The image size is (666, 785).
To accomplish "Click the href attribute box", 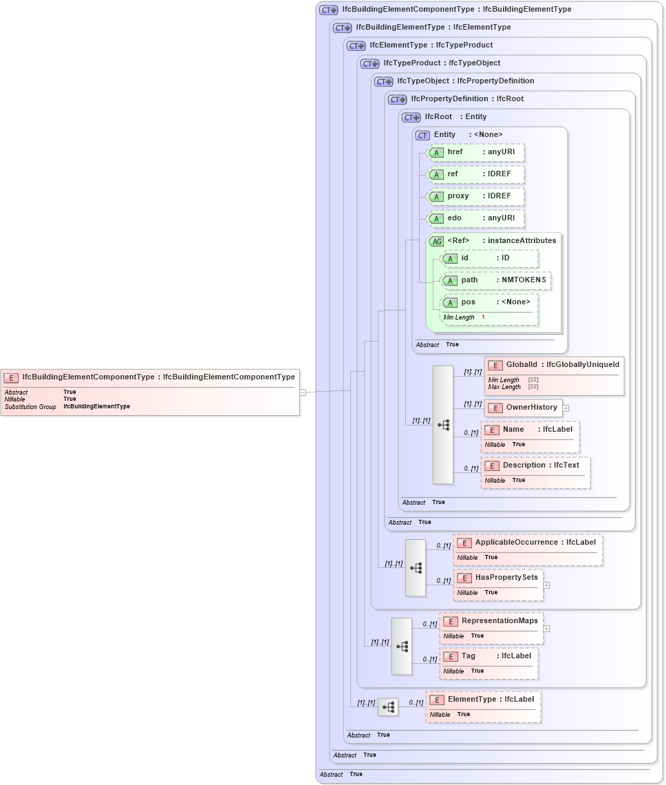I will tap(475, 152).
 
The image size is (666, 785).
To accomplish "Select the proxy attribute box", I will tap(475, 196).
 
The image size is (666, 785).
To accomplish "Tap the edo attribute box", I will tap(475, 218).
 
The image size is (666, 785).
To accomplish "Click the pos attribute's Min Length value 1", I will tap(483, 317).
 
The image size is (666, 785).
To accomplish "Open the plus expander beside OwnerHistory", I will tap(566, 408).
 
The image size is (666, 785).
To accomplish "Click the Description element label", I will tap(535, 465).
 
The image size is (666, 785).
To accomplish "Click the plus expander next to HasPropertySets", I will tap(546, 585).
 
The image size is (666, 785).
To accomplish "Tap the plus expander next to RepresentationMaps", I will tap(546, 628).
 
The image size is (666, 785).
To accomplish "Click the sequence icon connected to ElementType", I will tap(388, 707).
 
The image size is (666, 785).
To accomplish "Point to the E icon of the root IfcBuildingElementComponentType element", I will tap(11, 377).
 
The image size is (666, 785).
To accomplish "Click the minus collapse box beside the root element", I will tap(302, 392).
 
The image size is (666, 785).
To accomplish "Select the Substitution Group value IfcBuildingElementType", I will tap(96, 407).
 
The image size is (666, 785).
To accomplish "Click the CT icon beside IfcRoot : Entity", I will tap(411, 117).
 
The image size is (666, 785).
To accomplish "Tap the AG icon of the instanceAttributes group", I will tap(436, 241).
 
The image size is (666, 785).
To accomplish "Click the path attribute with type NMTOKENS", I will tap(495, 280).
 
